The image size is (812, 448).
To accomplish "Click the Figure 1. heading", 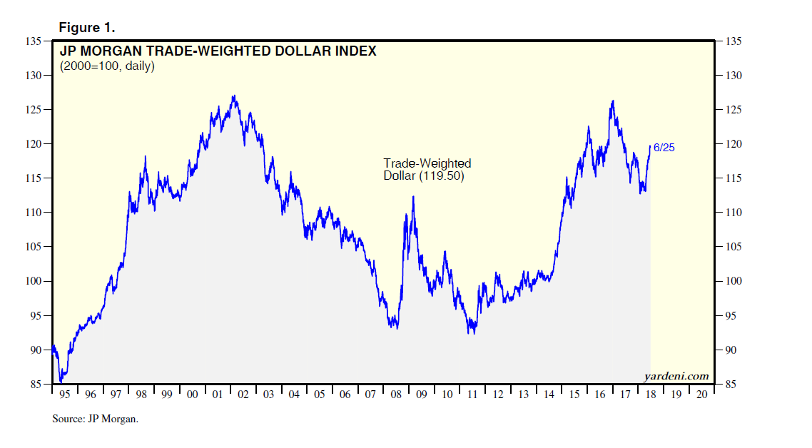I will pos(86,28).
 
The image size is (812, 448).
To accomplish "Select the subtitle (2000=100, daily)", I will pos(106,66).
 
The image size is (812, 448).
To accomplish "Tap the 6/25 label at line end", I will pos(664,148).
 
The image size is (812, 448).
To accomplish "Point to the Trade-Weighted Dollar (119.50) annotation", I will pos(427,170).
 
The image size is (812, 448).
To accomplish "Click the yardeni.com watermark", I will pos(676,376).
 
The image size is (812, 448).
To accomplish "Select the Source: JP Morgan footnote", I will pos(95,419).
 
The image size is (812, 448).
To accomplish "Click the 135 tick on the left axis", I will pos(32,41).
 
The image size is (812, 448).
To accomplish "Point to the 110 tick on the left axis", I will pos(32,213).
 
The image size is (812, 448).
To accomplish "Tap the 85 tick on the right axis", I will pos(734,385).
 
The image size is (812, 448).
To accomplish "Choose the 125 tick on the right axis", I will pos(734,110).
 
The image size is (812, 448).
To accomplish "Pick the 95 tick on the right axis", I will pos(734,316).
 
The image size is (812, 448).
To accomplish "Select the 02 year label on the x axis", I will pos(243,394).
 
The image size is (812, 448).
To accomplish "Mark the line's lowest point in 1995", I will pos(61,382).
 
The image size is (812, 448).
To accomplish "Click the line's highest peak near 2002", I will pos(234,96).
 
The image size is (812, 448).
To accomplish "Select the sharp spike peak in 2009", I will pos(413,196).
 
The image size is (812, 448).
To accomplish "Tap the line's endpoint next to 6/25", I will pos(650,146).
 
